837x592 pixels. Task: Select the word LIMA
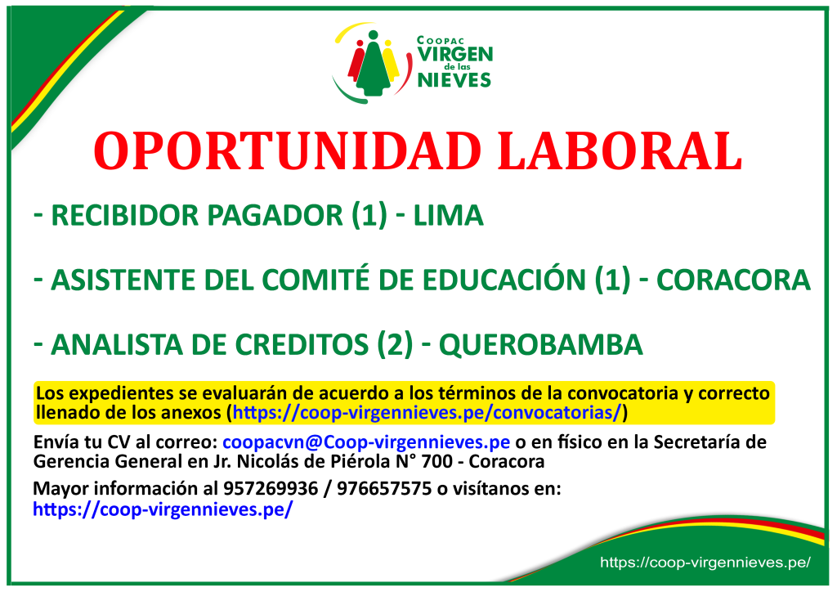click(449, 215)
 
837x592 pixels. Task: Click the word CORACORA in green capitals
click(733, 280)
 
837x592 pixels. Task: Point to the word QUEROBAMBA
click(541, 344)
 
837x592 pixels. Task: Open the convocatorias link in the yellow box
click(427, 413)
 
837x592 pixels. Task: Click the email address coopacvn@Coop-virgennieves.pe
click(366, 442)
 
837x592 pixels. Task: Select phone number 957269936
click(271, 488)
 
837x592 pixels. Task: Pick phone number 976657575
click(384, 488)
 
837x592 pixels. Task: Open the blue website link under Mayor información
click(163, 509)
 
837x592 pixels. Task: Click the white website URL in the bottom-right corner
click(705, 562)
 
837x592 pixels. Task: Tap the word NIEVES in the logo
click(454, 80)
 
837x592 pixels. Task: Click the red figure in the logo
click(356, 61)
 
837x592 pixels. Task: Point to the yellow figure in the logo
click(391, 61)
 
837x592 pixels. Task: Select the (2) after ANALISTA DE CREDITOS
click(395, 344)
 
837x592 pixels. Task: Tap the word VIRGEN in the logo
click(454, 55)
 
